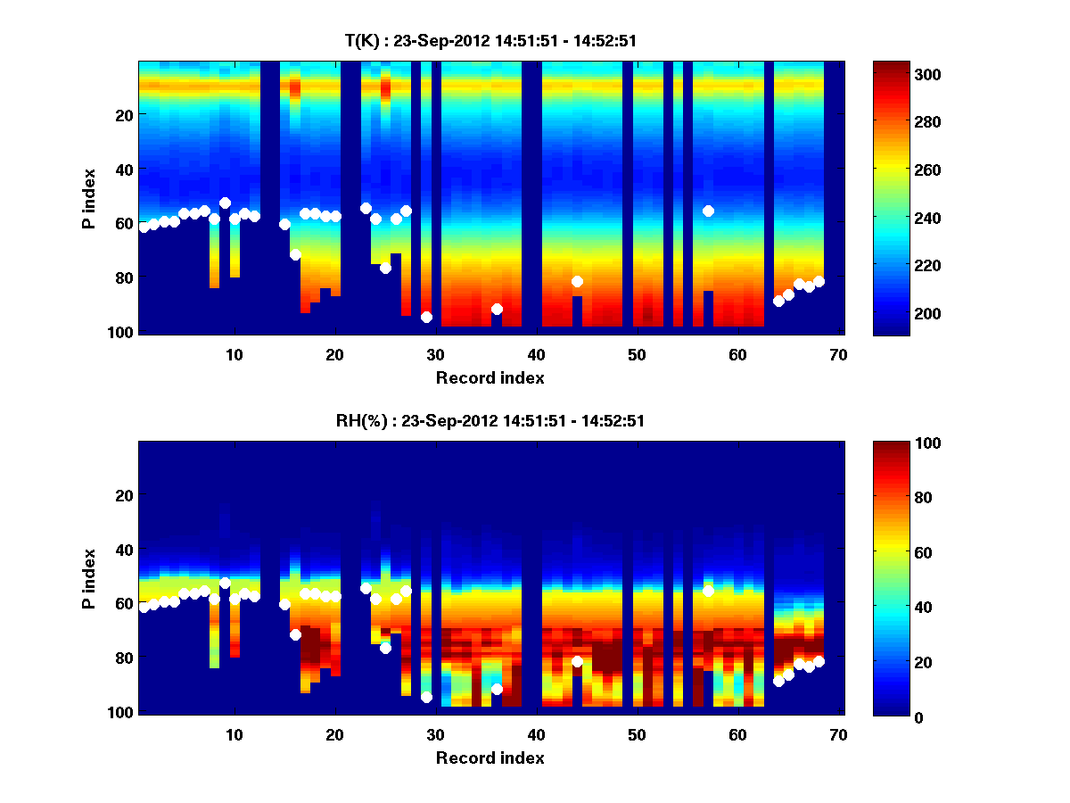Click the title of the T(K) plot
click(x=491, y=40)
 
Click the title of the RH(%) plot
click(x=491, y=421)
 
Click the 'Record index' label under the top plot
click(x=490, y=377)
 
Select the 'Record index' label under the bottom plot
click(x=490, y=757)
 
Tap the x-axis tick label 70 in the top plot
click(x=838, y=354)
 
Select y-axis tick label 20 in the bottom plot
click(x=124, y=495)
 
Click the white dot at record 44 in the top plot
click(x=578, y=282)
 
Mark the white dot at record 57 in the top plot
click(x=709, y=211)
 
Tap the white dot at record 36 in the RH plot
click(x=497, y=689)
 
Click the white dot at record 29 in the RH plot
click(x=426, y=697)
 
